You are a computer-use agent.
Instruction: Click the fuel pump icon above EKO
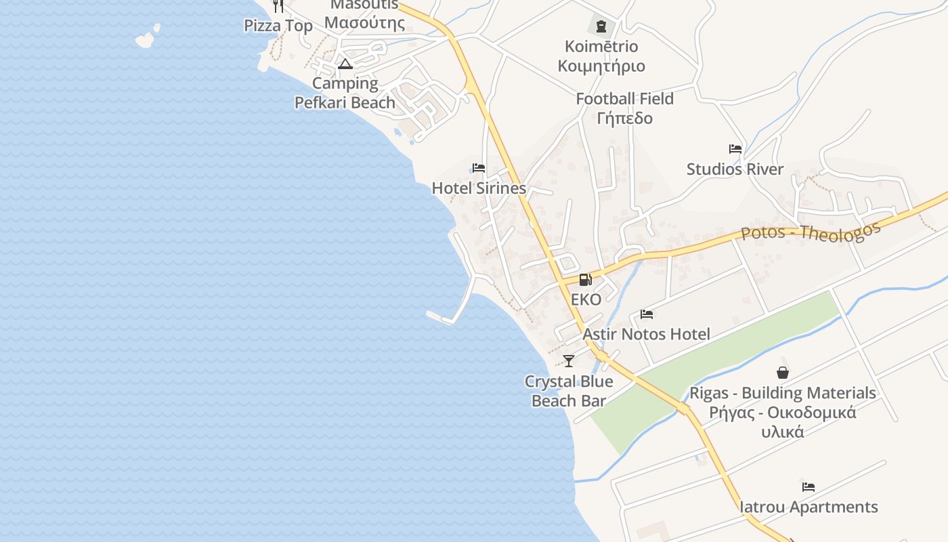tap(585, 279)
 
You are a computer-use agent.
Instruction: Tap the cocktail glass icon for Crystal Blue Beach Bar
tap(569, 361)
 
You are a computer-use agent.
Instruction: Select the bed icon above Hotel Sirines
tap(479, 168)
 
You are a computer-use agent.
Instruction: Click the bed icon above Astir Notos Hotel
tap(647, 314)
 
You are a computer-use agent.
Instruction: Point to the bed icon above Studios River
tap(735, 149)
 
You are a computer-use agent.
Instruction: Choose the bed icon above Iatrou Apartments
tap(809, 487)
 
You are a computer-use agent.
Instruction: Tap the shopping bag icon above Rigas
tap(783, 373)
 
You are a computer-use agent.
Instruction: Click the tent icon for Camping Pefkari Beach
tap(345, 64)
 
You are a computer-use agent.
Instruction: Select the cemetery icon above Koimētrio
tap(601, 27)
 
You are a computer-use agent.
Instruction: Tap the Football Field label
tap(624, 99)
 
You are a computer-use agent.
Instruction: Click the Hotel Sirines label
tap(479, 188)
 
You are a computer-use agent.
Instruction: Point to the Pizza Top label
tap(278, 26)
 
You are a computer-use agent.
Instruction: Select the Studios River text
tap(735, 169)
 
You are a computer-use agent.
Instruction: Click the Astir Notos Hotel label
tap(646, 334)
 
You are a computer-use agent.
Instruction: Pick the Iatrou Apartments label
tap(809, 507)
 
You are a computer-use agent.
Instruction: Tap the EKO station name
tap(586, 299)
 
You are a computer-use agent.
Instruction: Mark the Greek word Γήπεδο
tap(624, 119)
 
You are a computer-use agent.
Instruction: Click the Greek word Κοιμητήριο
tap(601, 66)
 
